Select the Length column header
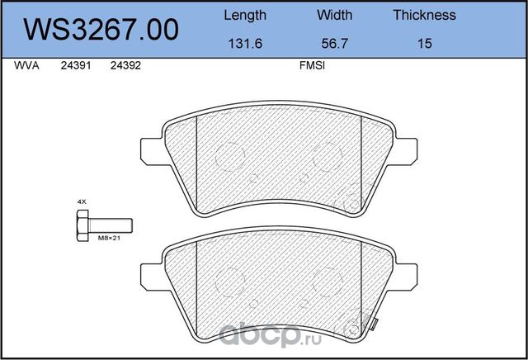click(245, 15)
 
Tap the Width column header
click(334, 15)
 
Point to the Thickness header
click(424, 15)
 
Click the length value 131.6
click(245, 43)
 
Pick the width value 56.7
click(334, 43)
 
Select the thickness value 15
click(424, 43)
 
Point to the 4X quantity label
click(82, 201)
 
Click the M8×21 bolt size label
click(110, 238)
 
